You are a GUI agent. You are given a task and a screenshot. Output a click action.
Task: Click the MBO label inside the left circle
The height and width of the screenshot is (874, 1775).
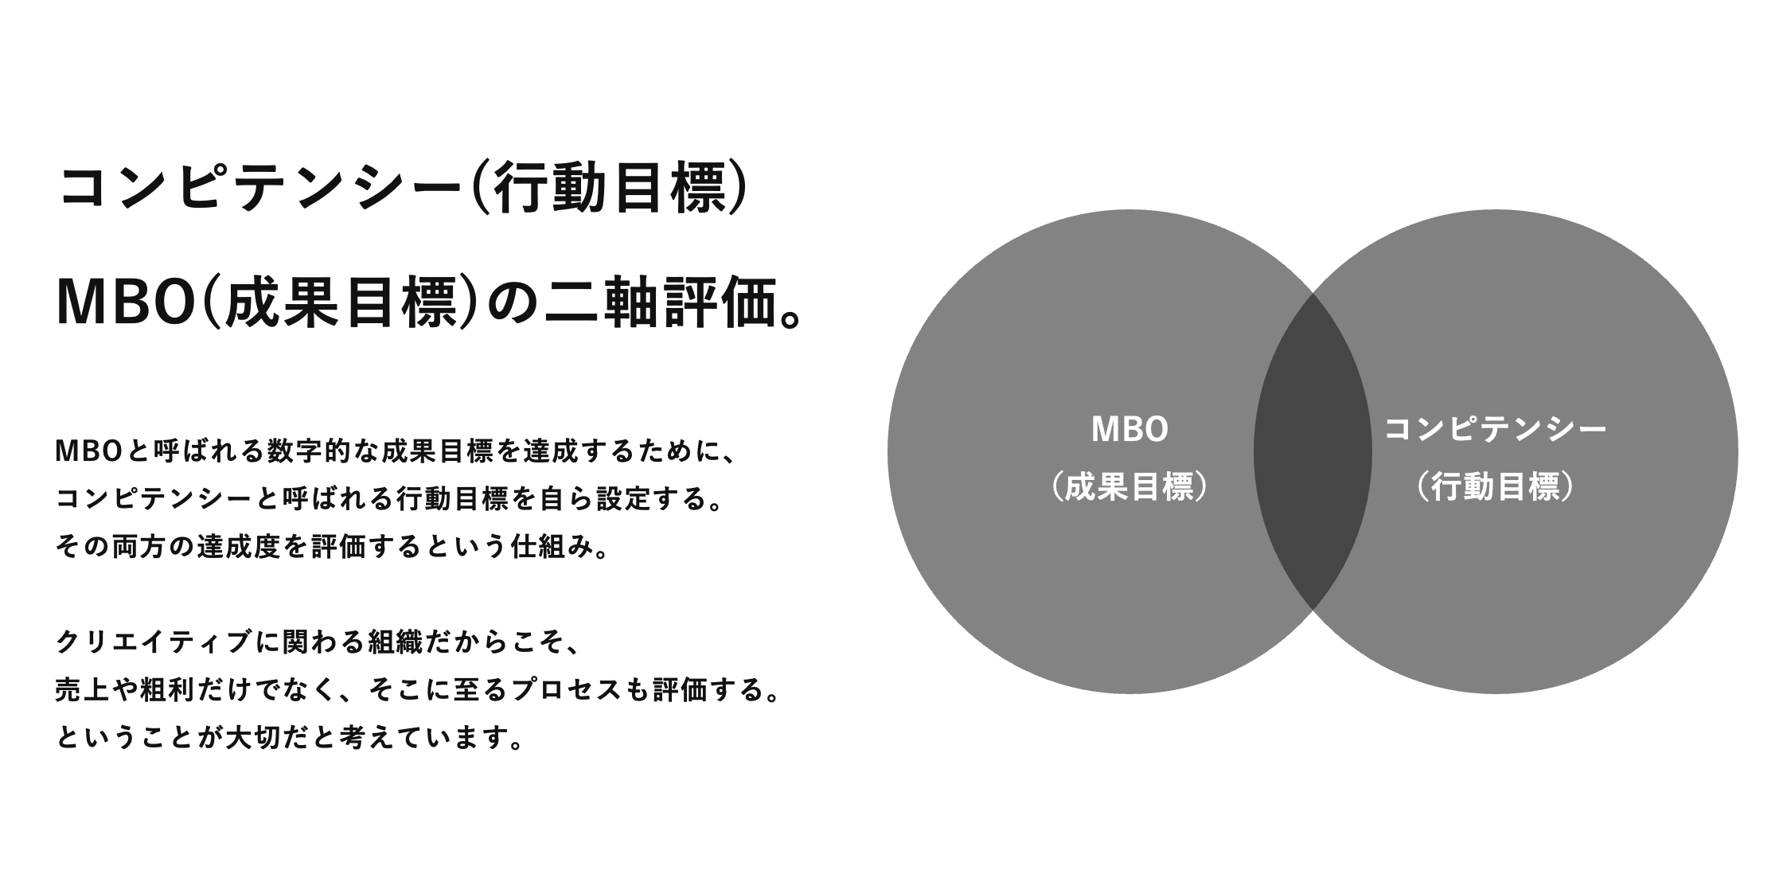pyautogui.click(x=1129, y=430)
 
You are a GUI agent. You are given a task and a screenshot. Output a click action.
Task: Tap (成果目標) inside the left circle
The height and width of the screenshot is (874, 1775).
pyautogui.click(x=1129, y=488)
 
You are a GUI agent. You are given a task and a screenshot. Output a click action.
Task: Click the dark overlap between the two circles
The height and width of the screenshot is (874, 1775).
pyautogui.click(x=1313, y=451)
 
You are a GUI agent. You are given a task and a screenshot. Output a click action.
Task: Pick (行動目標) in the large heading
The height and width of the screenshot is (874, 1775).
pyautogui.click(x=611, y=189)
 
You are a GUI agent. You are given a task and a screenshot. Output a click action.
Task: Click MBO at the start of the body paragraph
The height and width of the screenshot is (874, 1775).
pyautogui.click(x=88, y=451)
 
